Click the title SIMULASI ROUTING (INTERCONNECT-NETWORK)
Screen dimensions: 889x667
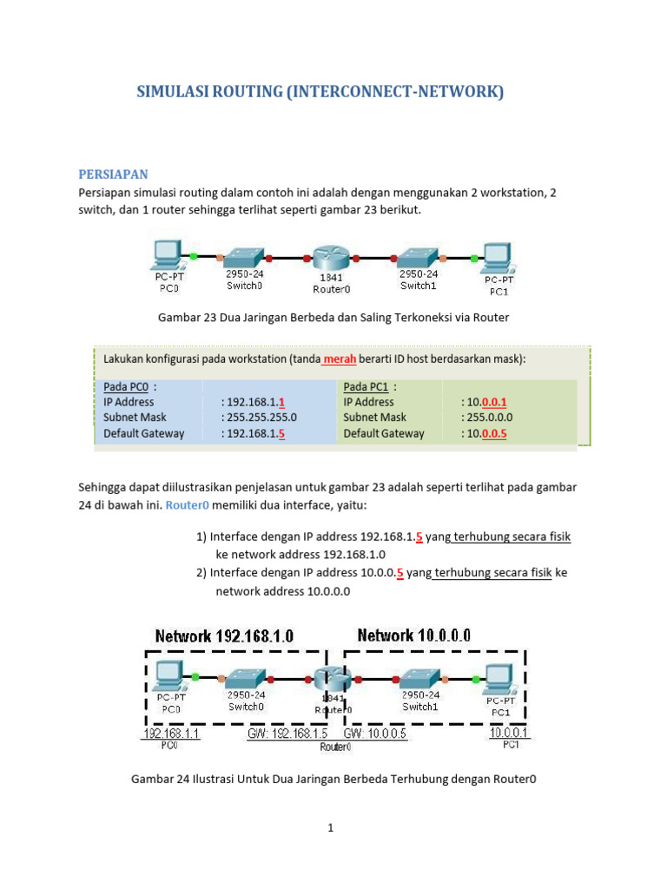[x=320, y=91]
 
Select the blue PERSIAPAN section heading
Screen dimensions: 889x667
[x=114, y=174]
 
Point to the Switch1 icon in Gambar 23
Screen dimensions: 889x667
[x=418, y=257]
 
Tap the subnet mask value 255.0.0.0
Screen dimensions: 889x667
[x=493, y=418]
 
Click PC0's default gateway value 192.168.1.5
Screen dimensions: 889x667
[x=254, y=433]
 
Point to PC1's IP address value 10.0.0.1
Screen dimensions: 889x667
[x=488, y=402]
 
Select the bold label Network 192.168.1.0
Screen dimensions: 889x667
[x=224, y=636]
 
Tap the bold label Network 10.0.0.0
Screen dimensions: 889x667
[x=414, y=635]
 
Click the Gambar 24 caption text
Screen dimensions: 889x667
[x=333, y=779]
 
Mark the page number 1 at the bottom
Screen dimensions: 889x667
[x=331, y=828]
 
